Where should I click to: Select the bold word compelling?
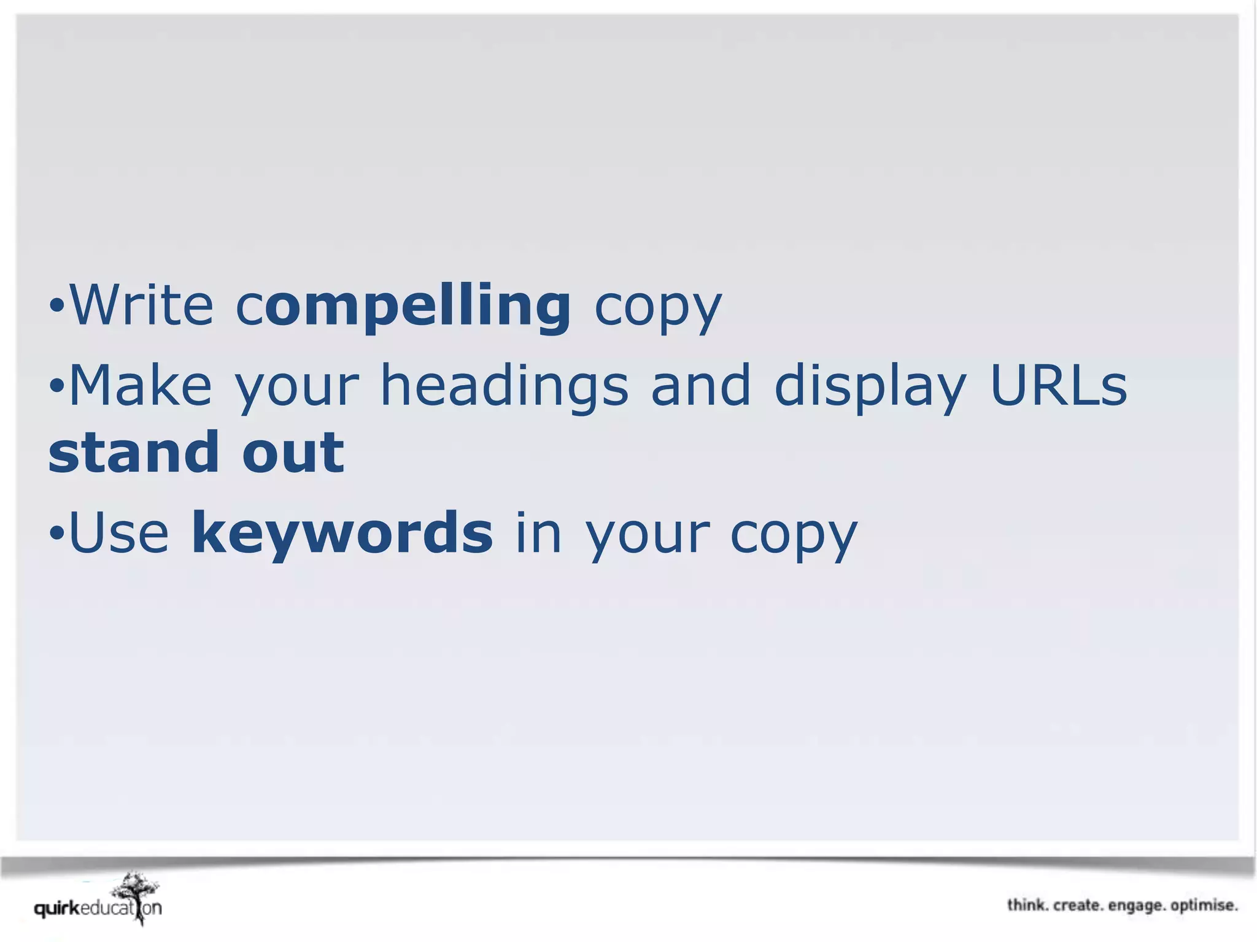click(404, 307)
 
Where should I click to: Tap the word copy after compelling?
click(658, 308)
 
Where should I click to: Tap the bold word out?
click(293, 453)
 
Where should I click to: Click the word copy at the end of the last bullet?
click(793, 535)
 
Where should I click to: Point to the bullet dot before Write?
click(56, 305)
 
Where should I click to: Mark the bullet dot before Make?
click(56, 386)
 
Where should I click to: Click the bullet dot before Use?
click(56, 532)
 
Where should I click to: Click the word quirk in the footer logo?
click(57, 908)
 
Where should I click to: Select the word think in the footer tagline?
click(1026, 905)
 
